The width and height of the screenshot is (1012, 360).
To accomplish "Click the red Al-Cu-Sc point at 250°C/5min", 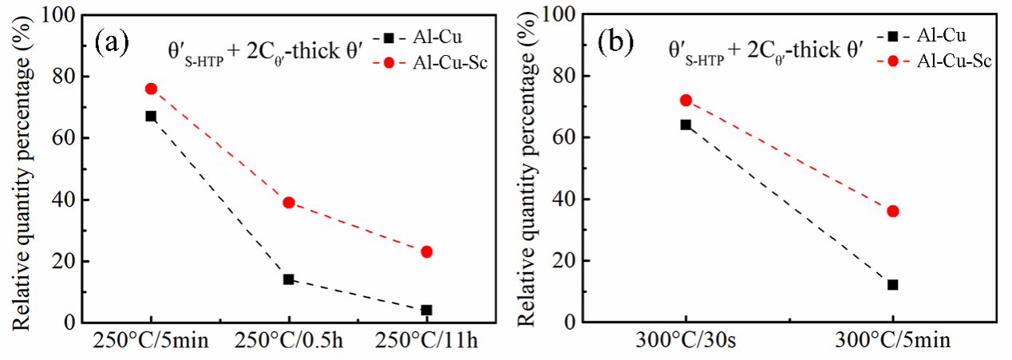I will [x=151, y=89].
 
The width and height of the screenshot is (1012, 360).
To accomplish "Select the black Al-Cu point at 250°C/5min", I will [x=151, y=117].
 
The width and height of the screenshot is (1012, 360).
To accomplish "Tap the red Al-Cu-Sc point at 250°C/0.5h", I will [x=289, y=203].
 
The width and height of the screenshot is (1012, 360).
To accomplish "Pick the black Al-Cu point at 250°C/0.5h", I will [x=289, y=279].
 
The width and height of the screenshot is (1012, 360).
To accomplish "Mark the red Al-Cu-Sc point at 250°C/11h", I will [x=427, y=252].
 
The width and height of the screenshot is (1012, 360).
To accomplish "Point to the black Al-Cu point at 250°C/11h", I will [x=427, y=311].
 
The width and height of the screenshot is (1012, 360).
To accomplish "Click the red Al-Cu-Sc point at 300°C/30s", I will [x=686, y=101].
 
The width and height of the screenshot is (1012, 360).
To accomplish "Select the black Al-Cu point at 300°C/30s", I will [x=686, y=125].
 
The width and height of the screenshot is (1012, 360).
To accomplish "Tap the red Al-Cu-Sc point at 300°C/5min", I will [x=893, y=212].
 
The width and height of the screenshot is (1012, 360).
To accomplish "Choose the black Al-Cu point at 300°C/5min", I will [x=893, y=285].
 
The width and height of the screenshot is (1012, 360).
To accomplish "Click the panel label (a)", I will [x=113, y=41].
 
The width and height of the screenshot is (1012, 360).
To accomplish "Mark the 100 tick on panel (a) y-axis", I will [x=65, y=15].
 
